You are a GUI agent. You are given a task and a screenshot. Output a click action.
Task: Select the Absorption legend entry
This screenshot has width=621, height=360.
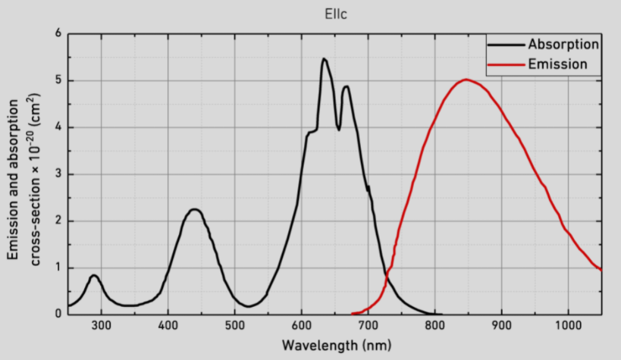[564, 44]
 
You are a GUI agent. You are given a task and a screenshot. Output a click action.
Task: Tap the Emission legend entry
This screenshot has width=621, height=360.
[557, 64]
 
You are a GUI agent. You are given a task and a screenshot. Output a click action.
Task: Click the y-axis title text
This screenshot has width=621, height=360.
[22, 174]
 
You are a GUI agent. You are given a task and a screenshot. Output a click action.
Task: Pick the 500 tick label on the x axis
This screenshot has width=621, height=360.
[235, 326]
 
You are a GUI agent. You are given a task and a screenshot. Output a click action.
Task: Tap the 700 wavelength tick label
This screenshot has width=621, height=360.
[369, 326]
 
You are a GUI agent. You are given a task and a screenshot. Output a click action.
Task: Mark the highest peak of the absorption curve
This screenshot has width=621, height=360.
[324, 59]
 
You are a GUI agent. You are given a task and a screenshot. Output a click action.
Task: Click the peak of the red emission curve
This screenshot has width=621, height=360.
[466, 80]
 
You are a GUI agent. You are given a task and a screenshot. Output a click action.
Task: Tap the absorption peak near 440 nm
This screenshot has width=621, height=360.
[194, 209]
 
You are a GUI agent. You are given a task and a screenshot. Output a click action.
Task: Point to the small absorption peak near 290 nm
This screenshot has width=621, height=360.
[94, 275]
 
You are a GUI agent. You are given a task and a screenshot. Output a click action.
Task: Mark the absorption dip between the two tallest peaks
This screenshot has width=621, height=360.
[338, 130]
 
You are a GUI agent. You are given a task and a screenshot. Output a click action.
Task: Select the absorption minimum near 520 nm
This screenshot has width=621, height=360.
[248, 306]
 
